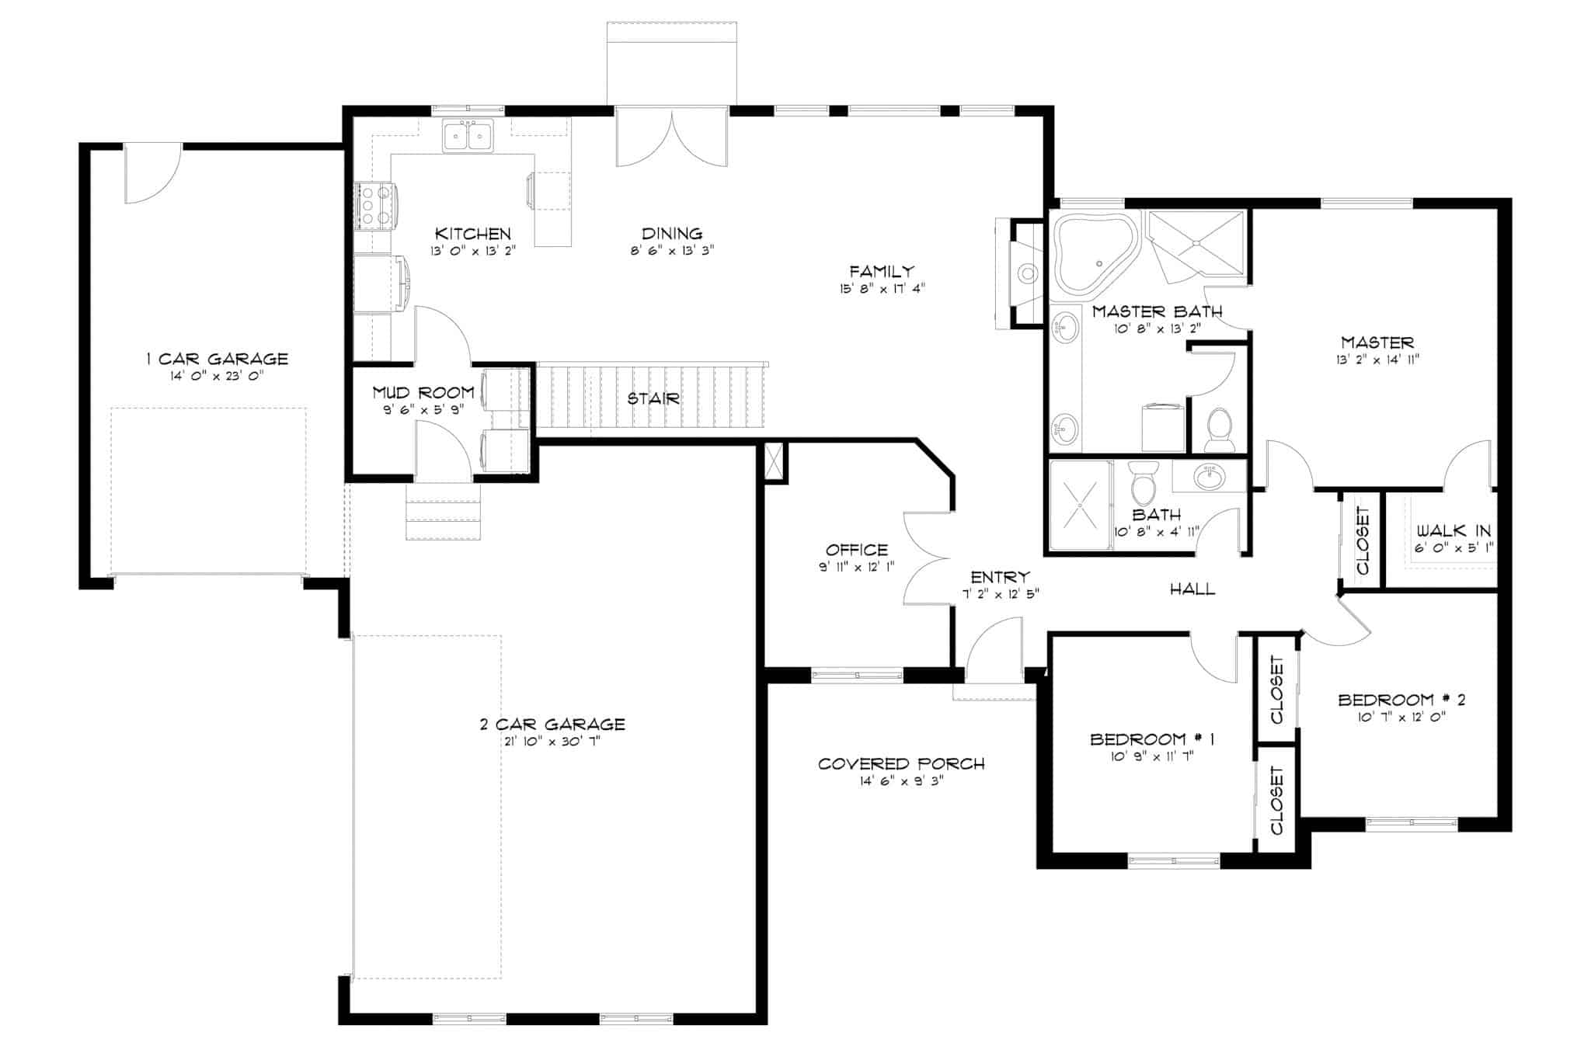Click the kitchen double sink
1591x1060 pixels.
coord(468,137)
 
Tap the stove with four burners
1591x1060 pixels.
coord(376,207)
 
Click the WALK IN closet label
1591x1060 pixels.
coord(1453,531)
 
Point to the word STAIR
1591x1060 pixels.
coord(653,399)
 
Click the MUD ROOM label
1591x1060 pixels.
coord(423,392)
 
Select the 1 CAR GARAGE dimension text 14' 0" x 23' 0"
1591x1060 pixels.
coord(217,376)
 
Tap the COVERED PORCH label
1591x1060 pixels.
coord(901,764)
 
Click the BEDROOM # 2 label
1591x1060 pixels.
coord(1401,700)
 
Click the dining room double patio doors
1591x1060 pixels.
coord(672,140)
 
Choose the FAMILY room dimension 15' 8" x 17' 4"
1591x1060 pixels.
coord(881,288)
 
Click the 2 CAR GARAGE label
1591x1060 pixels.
coord(552,725)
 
